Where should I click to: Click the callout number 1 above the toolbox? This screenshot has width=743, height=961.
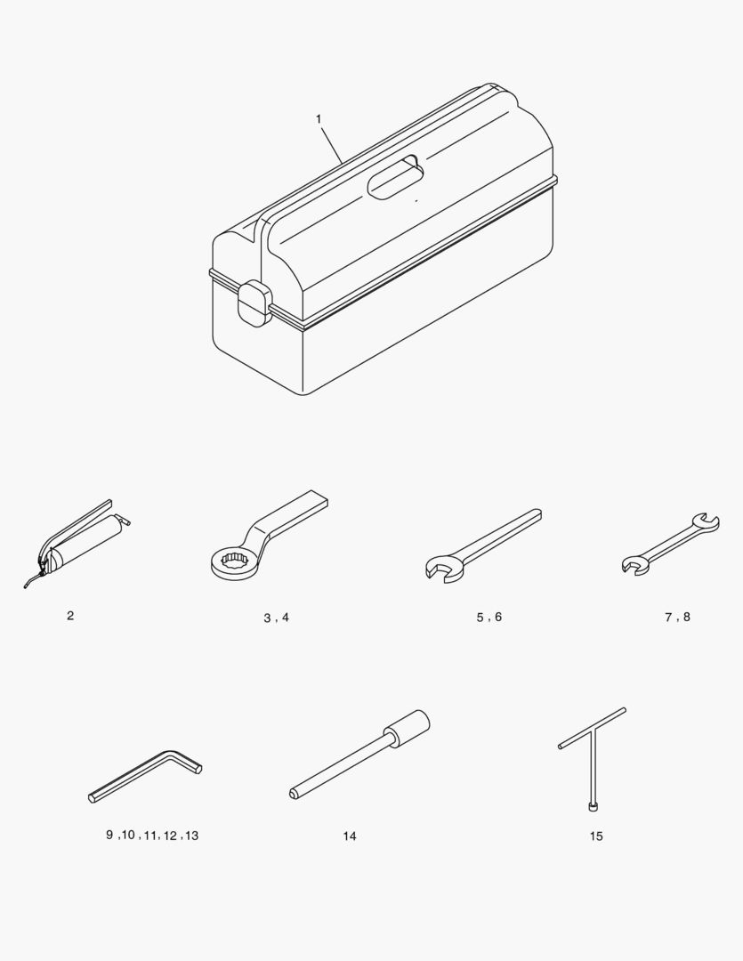click(x=319, y=119)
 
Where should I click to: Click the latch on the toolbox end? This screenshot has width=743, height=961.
click(x=254, y=303)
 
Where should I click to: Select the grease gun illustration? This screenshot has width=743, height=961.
click(x=76, y=543)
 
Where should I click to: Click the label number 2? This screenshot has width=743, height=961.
click(x=70, y=616)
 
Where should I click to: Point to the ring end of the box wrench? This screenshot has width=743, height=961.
click(x=235, y=562)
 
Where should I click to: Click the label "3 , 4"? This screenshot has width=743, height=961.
click(x=277, y=618)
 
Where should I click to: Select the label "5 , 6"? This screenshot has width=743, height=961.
click(x=489, y=617)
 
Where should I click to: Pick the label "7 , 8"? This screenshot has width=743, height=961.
click(x=677, y=617)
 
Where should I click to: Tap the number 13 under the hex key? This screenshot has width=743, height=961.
click(x=192, y=836)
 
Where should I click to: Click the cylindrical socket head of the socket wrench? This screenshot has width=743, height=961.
click(x=407, y=728)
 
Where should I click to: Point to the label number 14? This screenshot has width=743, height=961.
click(x=350, y=836)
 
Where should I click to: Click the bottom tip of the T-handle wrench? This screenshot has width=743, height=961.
click(x=593, y=808)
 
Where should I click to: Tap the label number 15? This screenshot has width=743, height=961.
click(x=596, y=836)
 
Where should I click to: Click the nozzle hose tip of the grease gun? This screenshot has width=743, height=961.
click(x=26, y=586)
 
